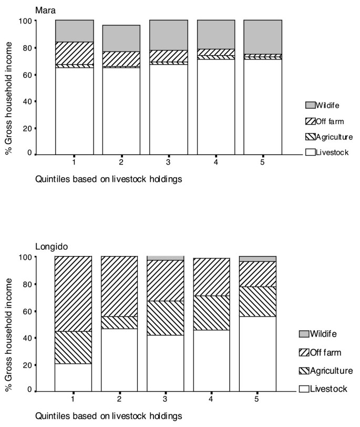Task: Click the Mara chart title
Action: [x=45, y=9]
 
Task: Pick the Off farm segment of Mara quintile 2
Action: [x=121, y=58]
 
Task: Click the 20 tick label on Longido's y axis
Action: [x=27, y=365]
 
